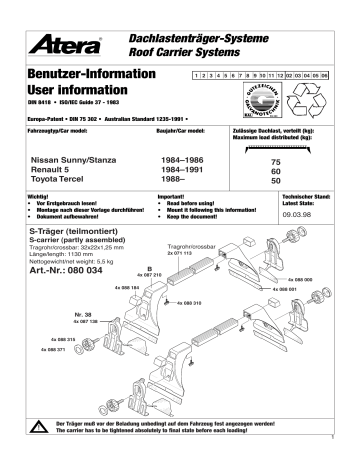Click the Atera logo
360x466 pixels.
point(67,43)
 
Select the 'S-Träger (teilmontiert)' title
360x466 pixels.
point(76,232)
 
